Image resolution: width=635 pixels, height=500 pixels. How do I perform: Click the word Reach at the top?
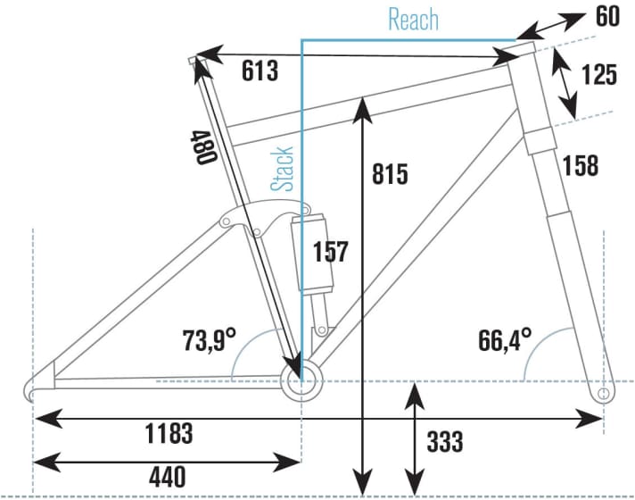[x=414, y=19]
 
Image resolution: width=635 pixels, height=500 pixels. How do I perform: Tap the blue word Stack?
[x=284, y=169]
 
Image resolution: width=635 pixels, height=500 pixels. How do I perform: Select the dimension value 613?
[x=259, y=71]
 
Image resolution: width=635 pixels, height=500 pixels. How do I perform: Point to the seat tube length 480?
[x=202, y=146]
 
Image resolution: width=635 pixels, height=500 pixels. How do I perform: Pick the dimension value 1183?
[x=168, y=434]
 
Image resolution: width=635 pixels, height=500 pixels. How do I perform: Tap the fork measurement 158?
[x=580, y=165]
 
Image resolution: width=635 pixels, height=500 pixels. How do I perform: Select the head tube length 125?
[x=598, y=75]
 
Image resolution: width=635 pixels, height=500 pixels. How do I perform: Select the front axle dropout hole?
[x=603, y=393]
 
